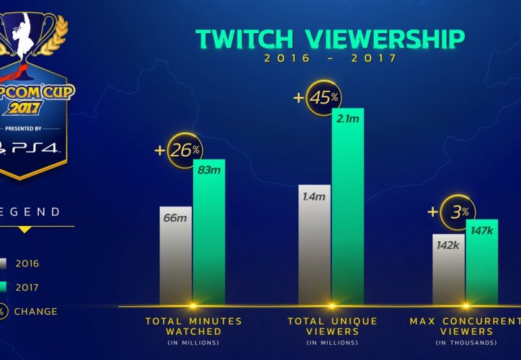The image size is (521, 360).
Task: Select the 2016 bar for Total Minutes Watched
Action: pyautogui.click(x=175, y=252)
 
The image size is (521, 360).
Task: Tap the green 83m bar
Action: pyautogui.click(x=209, y=230)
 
